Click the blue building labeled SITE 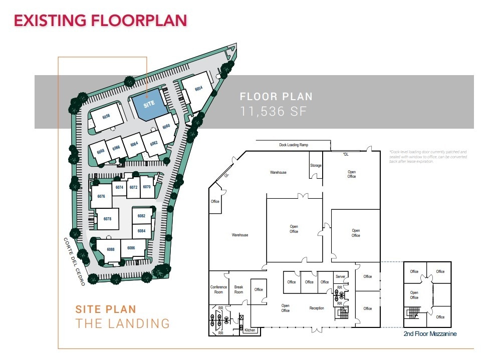149,104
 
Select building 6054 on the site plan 198,90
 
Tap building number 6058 106,117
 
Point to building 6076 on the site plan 101,196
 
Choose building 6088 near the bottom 110,249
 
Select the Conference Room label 218,289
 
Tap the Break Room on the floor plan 238,289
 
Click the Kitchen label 250,330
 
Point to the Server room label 341,276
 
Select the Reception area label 317,308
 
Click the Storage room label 315,165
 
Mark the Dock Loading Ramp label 294,145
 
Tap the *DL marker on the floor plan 345,154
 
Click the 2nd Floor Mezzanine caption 430,333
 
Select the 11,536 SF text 273,112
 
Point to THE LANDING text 122,323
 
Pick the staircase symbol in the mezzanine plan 413,313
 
